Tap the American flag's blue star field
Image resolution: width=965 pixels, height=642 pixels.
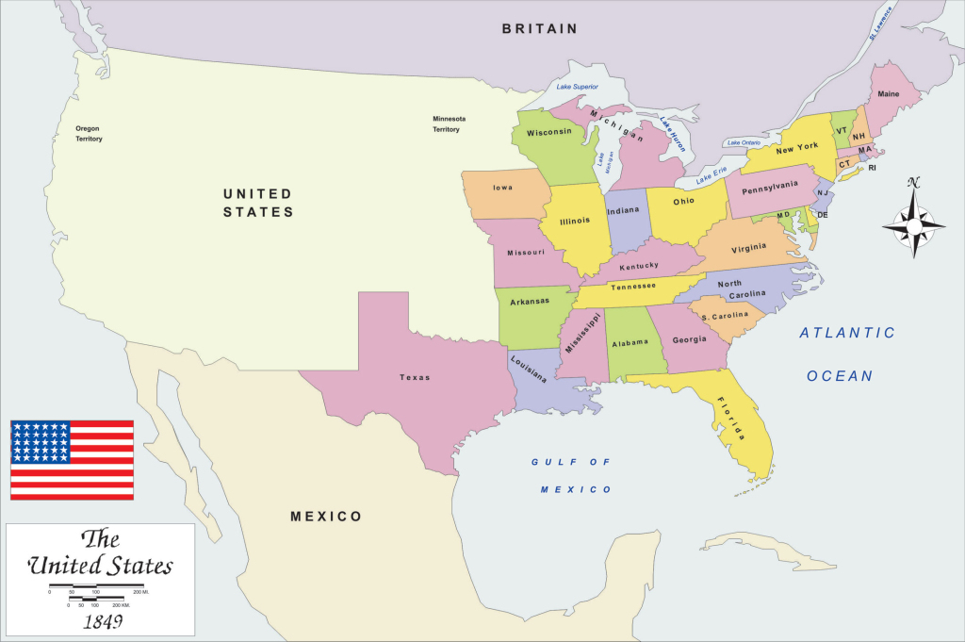pyautogui.click(x=40, y=442)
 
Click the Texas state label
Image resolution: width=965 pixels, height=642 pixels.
pyautogui.click(x=414, y=377)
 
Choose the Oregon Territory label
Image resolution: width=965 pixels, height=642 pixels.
pyautogui.click(x=89, y=133)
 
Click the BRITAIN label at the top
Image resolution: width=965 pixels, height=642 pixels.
pyautogui.click(x=539, y=29)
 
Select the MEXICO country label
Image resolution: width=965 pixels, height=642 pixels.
pyautogui.click(x=325, y=517)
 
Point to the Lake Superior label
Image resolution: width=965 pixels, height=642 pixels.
pyautogui.click(x=578, y=87)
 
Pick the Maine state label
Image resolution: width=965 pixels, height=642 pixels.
pyautogui.click(x=888, y=94)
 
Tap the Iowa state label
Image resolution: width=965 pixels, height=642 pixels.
pyautogui.click(x=503, y=188)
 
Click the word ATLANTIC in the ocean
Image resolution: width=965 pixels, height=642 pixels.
pyautogui.click(x=847, y=333)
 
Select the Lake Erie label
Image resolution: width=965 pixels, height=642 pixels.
pyautogui.click(x=711, y=176)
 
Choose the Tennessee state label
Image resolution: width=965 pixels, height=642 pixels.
pyautogui.click(x=633, y=288)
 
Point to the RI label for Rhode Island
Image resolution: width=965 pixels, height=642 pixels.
pyautogui.click(x=872, y=168)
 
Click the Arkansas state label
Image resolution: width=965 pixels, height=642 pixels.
pyautogui.click(x=529, y=303)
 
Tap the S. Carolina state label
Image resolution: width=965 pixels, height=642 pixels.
pyautogui.click(x=725, y=315)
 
